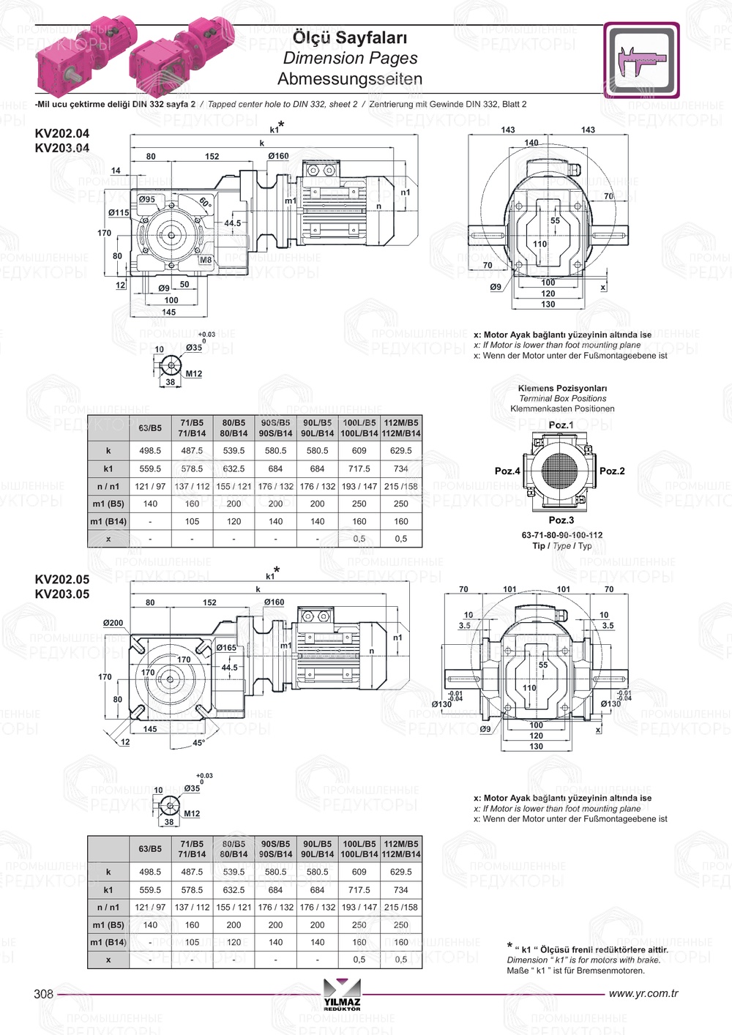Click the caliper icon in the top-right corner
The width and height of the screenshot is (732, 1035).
641,60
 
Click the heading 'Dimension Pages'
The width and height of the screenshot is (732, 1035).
350,58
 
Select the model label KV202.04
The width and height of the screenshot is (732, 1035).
62,133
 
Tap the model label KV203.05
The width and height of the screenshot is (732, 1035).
62,594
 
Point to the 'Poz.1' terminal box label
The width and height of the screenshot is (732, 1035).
561,425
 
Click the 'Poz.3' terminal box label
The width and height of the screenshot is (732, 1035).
561,520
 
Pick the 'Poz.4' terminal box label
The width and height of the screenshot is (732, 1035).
507,471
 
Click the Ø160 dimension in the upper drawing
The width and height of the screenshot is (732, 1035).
278,156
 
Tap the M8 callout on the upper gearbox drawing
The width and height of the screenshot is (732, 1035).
206,260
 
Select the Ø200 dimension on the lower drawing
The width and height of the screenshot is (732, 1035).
113,623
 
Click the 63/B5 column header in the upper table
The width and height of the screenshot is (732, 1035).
150,427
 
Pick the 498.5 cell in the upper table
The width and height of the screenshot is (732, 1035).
150,451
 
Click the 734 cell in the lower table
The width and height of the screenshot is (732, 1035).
401,890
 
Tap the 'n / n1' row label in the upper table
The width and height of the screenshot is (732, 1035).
108,486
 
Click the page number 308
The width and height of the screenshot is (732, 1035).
44,994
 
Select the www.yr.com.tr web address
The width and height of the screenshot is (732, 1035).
643,994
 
